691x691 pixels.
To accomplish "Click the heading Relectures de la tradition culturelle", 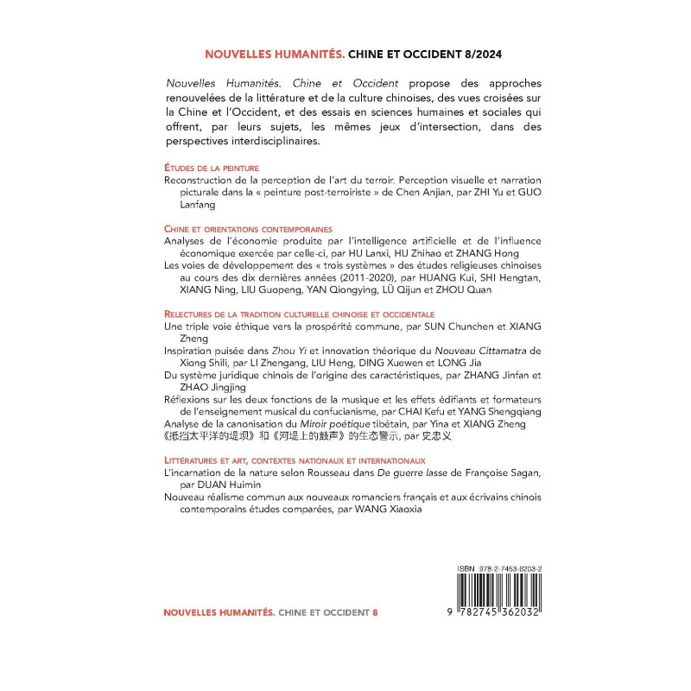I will [x=298, y=314].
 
